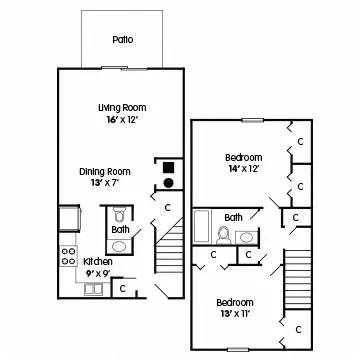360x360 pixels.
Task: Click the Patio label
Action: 122,40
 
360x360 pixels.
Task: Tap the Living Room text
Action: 121,107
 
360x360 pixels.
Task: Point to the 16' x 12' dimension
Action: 121,120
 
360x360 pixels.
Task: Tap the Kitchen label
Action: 97,261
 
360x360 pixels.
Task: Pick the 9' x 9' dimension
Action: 97,272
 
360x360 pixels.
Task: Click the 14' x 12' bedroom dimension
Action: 243,170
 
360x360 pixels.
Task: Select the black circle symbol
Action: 169,183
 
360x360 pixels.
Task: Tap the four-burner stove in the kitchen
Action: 69,255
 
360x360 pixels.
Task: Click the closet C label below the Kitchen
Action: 121,288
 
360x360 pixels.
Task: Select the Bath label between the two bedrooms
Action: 233,217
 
